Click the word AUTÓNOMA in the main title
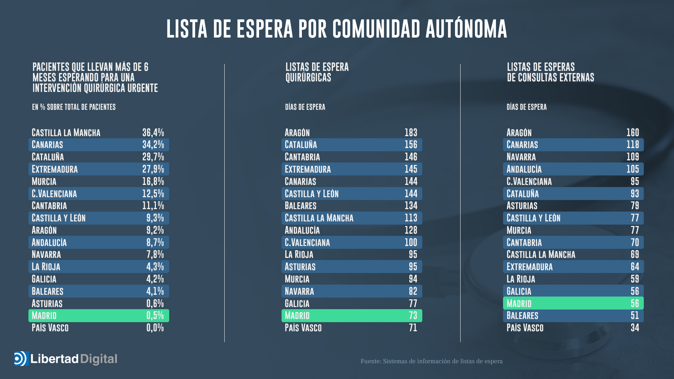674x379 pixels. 466,29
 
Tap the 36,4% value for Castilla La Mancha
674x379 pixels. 153,133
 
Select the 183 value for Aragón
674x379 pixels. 411,133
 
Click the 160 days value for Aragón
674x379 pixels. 633,133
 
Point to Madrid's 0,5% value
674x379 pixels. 155,315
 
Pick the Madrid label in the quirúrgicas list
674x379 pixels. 297,315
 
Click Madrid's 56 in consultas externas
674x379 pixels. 635,303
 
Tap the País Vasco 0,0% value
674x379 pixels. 155,328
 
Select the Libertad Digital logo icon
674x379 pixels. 21,359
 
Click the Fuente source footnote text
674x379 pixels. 431,361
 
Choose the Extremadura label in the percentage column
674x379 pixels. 54,169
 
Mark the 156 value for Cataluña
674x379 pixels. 411,145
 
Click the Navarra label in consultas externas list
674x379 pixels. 521,157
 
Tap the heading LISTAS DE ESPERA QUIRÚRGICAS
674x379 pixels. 317,72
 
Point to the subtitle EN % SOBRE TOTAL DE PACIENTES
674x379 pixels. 74,107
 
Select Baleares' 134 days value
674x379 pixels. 411,206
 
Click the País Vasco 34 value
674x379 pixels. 635,328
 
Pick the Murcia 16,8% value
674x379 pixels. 153,181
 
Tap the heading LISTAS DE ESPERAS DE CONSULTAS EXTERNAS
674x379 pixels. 550,72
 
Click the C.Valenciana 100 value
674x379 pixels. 411,242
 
